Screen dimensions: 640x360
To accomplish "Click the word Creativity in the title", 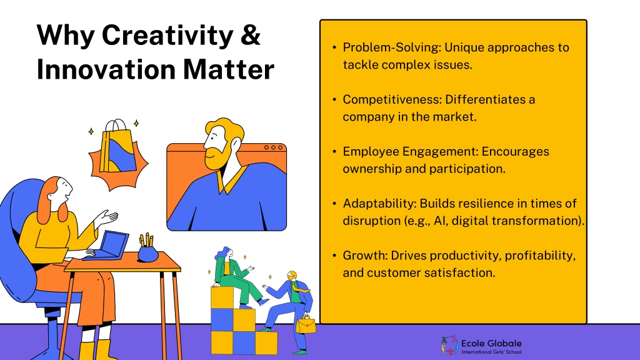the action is (167, 36).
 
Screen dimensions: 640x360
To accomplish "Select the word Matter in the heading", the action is (229, 69).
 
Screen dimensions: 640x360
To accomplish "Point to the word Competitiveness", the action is (392, 99).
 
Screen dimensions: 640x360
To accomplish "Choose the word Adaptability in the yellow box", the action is (379, 204).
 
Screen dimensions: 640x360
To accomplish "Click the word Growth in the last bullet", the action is (365, 256).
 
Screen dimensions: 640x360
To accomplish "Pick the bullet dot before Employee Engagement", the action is (334, 152).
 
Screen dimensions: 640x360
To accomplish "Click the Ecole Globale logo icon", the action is (450, 345).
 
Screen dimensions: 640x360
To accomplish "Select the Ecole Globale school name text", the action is (491, 346).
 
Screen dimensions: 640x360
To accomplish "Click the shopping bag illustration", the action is (117, 147).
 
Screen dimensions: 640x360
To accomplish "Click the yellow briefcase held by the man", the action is (306, 324).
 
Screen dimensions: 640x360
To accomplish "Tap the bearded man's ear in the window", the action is (236, 144).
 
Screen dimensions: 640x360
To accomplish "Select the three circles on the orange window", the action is (273, 147).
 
